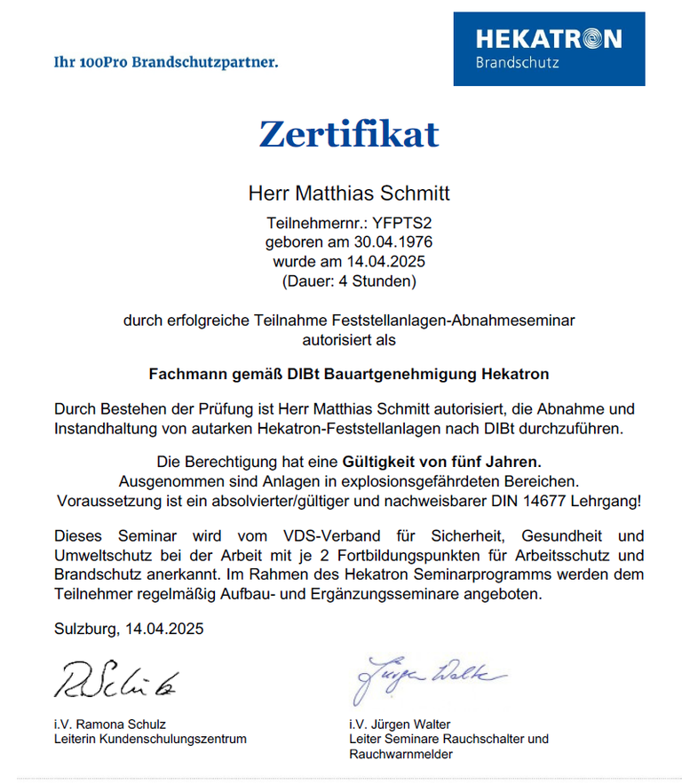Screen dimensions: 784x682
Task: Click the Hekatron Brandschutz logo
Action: (x=549, y=49)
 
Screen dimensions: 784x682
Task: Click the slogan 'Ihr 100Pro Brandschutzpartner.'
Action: (x=166, y=62)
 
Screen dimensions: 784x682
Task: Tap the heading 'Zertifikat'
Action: (x=348, y=134)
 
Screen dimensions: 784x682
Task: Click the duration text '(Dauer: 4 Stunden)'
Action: (x=348, y=282)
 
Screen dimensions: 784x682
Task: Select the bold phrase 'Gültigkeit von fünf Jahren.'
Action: (x=441, y=463)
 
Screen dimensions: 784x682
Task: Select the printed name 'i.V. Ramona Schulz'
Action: (x=110, y=724)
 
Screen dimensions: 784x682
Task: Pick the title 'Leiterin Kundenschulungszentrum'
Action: (x=150, y=739)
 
